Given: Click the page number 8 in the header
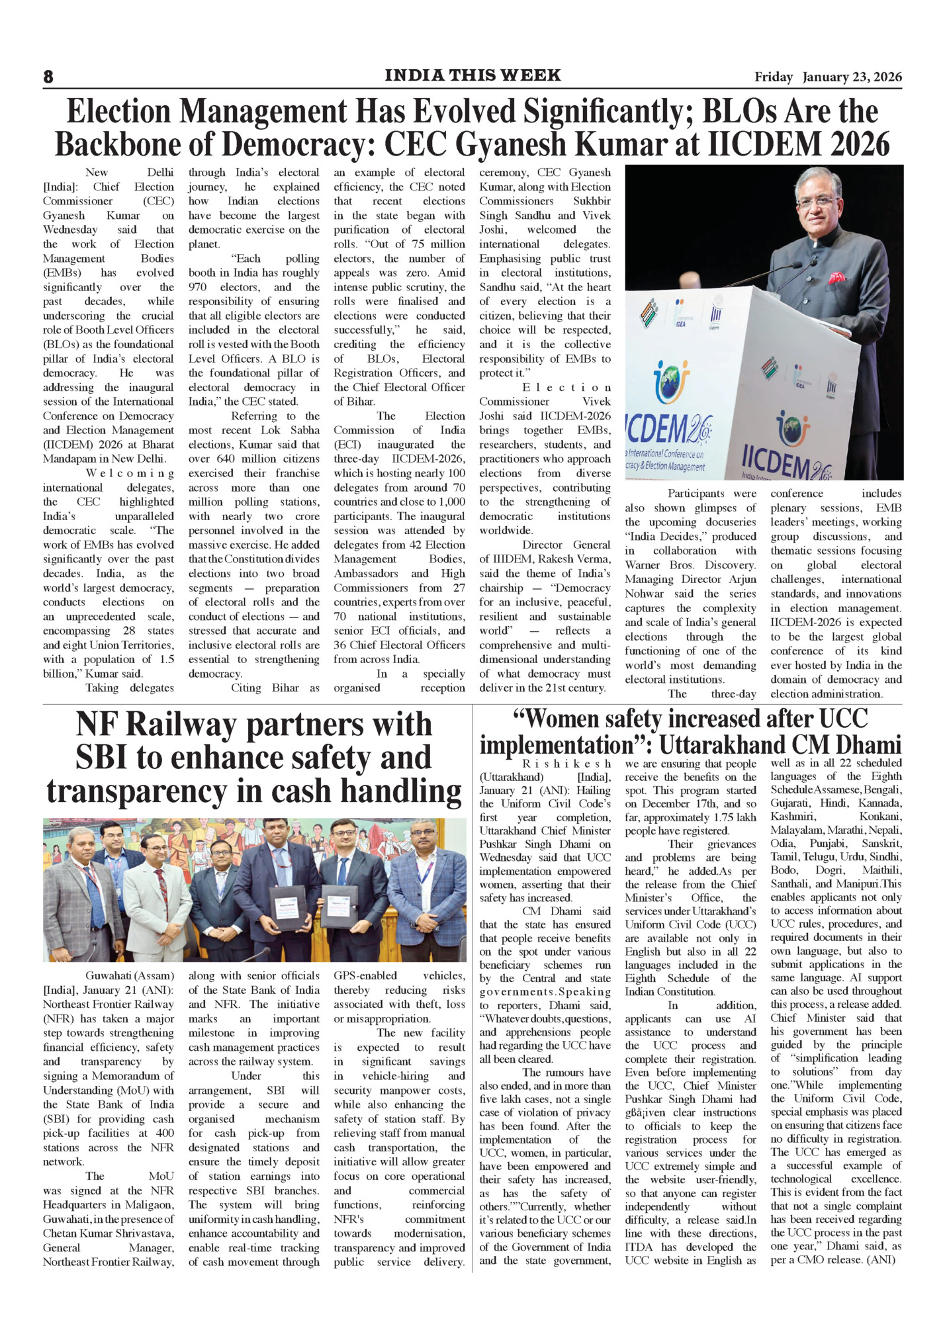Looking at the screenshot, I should coord(48,77).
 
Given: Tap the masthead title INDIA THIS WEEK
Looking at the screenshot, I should coord(472,75).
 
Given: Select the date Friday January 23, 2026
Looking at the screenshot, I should coord(828,77).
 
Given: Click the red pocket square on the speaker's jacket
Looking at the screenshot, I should coord(837,277).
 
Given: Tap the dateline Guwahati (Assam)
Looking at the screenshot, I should coord(130,975).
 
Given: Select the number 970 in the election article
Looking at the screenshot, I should coord(199,287).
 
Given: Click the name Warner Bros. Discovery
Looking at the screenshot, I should coord(690,565).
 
